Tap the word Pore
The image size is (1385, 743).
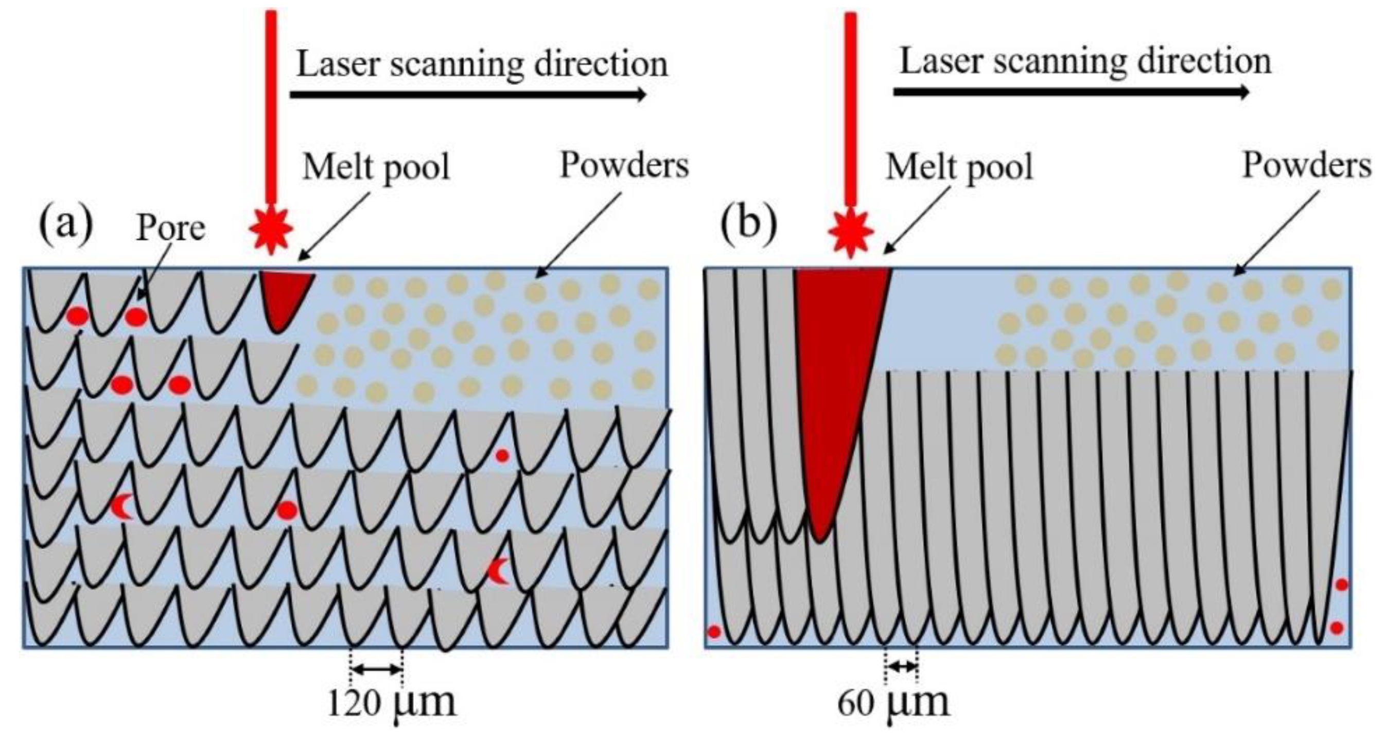(x=170, y=228)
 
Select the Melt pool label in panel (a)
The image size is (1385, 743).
(x=376, y=167)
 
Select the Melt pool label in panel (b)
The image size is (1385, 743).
(x=959, y=167)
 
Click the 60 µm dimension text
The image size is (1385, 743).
(x=893, y=702)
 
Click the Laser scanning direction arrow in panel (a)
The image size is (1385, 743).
(x=468, y=95)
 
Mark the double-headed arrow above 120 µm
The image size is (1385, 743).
(x=376, y=669)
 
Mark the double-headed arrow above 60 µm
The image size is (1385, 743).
(x=901, y=667)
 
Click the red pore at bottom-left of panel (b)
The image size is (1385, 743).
(x=714, y=632)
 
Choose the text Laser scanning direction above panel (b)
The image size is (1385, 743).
(x=1085, y=61)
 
